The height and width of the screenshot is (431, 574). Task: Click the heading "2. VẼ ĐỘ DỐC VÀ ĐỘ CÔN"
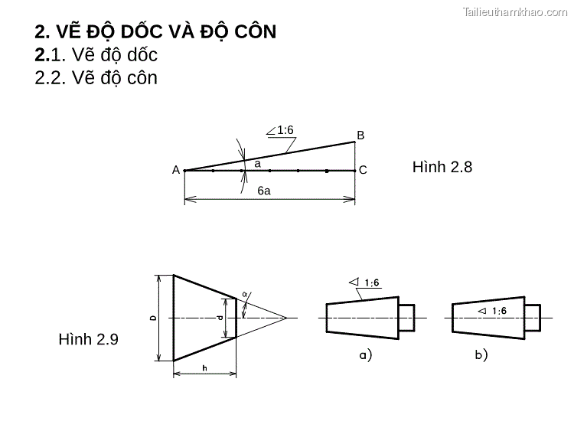[155, 32]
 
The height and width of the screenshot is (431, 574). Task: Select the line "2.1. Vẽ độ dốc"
[96, 55]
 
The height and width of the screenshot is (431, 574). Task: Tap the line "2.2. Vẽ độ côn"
[96, 78]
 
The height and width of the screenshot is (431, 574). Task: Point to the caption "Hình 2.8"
[442, 167]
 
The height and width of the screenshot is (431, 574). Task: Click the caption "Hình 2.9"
[88, 339]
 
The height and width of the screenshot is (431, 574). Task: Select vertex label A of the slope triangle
[176, 171]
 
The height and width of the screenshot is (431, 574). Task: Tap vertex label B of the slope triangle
[360, 136]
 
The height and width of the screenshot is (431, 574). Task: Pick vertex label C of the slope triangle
[363, 170]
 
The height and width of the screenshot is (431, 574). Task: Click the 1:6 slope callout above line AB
[285, 130]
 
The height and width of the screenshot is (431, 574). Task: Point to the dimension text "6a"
[263, 191]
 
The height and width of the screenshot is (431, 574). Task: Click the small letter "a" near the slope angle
[257, 164]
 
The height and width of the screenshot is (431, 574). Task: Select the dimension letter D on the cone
[153, 318]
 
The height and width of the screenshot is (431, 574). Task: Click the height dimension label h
[204, 368]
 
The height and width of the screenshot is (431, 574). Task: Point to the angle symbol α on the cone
[245, 294]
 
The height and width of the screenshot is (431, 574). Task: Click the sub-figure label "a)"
[365, 354]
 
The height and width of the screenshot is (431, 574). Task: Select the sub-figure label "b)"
[481, 354]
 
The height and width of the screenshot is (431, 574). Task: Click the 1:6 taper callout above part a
[371, 283]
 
